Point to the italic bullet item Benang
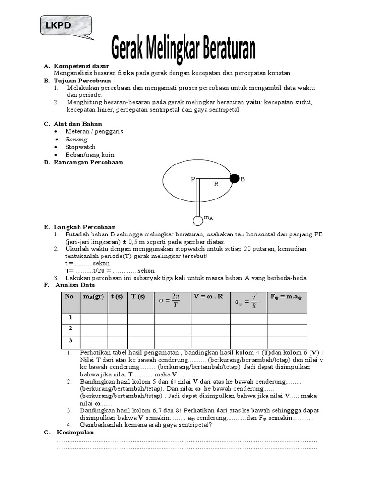tap(76, 139)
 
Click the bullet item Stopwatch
tap(80, 147)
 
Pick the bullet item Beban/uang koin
tap(90, 155)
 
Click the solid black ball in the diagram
tap(234, 179)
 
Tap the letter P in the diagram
tap(193, 179)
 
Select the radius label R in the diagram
tap(216, 184)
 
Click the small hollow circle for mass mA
tap(198, 221)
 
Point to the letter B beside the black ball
tap(242, 179)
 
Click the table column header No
tap(69, 297)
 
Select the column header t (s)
tap(117, 297)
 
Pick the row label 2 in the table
tap(70, 329)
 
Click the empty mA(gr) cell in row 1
tap(94, 318)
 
